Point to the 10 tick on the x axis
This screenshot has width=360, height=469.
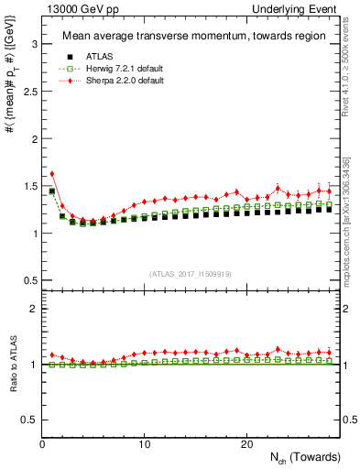tap(144, 443)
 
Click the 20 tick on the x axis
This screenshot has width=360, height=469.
tap(245, 443)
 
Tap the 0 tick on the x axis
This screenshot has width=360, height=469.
tap(42, 443)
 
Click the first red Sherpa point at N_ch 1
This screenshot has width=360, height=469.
tap(52, 173)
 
